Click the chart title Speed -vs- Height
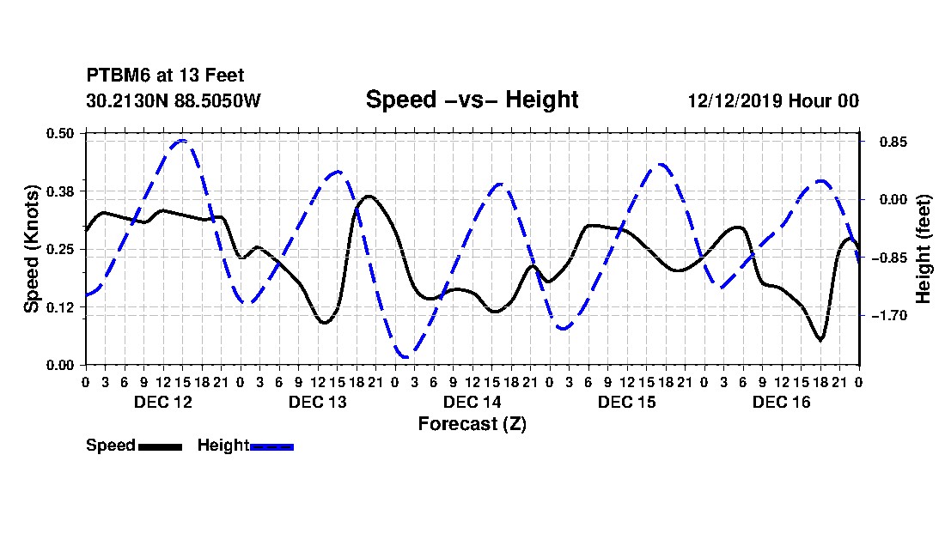[x=472, y=100]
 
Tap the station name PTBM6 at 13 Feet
[x=165, y=76]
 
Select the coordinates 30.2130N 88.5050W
[x=173, y=100]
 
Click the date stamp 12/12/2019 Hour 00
[x=773, y=100]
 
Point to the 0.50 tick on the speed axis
[x=60, y=133]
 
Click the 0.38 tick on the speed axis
[x=60, y=191]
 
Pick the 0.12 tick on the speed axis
[x=60, y=307]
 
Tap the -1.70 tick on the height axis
[x=893, y=315]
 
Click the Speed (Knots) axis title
[x=31, y=249]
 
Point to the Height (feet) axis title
[x=924, y=249]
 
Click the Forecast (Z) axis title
[x=472, y=424]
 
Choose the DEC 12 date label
[x=162, y=402]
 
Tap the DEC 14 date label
[x=472, y=402]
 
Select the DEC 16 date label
[x=781, y=402]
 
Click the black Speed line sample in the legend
[x=160, y=446]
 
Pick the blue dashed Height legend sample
[x=271, y=446]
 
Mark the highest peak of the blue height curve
[x=183, y=140]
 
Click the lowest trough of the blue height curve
[x=405, y=356]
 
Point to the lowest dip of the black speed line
[x=820, y=339]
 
